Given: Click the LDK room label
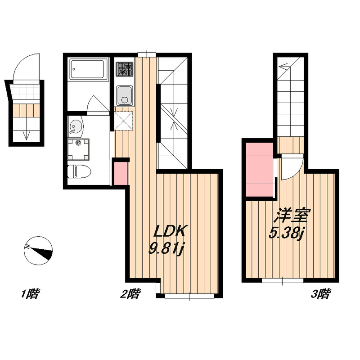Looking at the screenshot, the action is point(169,231).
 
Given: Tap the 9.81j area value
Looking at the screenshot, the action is point(166,249).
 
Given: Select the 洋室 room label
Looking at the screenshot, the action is point(292,216).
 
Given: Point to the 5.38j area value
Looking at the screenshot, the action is point(286,234).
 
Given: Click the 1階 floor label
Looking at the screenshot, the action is point(30,294).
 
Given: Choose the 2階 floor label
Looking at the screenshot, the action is point(130,294).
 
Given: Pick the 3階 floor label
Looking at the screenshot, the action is point(321,294).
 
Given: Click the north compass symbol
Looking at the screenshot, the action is point(38,251).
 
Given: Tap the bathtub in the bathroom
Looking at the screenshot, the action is point(88,69).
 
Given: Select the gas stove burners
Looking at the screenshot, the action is point(124,69).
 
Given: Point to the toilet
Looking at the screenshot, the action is point(79,171).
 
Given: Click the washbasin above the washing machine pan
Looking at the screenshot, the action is point(76,126).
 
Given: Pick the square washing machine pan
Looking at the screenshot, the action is point(78,149).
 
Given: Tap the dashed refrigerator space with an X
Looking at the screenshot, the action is point(123,121).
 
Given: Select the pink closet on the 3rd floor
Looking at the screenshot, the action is point(260,170).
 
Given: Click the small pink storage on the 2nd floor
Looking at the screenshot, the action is point(121,173).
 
